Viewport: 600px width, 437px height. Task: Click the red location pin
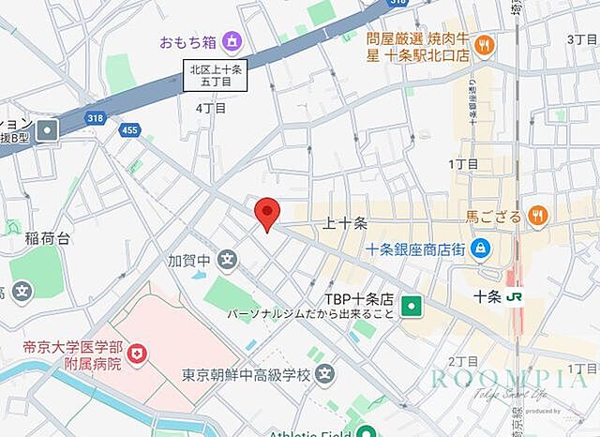267,213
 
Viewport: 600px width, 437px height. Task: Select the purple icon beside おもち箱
232,41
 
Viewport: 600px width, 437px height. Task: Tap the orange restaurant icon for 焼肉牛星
484,44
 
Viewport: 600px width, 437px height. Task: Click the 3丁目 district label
581,39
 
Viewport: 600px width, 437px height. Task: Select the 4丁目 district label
211,108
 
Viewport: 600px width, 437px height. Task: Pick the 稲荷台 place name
48,239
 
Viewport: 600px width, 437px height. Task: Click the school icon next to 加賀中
227,260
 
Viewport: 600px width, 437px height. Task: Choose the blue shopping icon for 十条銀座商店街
481,249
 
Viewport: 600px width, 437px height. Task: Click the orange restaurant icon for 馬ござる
537,217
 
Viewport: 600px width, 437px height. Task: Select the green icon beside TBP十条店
411,305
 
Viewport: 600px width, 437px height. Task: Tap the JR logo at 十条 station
515,294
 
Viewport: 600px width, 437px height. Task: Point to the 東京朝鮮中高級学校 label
246,375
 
